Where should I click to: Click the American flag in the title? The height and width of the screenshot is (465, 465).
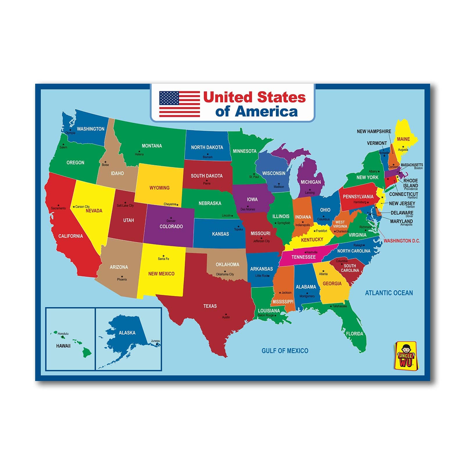[x=180, y=104]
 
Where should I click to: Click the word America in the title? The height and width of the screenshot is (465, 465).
[x=266, y=112]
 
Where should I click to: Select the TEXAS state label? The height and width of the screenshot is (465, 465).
[x=210, y=306]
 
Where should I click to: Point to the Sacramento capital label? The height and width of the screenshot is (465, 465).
[x=58, y=208]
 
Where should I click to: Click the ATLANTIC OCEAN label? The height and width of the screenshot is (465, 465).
[x=389, y=293]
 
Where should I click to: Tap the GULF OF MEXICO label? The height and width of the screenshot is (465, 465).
[x=285, y=351]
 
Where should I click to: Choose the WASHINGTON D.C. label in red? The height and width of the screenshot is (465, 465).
[x=402, y=241]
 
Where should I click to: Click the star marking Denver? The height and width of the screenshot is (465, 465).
[x=171, y=218]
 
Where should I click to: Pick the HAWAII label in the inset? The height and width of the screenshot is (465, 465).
[x=63, y=346]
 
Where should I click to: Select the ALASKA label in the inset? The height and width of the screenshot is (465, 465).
[x=127, y=333]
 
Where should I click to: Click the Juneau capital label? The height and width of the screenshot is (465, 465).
[x=155, y=341]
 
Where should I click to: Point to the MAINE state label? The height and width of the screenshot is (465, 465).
[x=403, y=139]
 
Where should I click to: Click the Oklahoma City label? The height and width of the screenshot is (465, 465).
[x=225, y=274]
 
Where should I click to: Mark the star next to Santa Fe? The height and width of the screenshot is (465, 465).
[x=163, y=256]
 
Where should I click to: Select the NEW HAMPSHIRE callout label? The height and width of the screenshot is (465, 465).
[x=374, y=131]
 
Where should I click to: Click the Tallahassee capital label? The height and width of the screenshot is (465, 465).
[x=339, y=306]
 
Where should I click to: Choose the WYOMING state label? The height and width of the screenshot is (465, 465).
[x=159, y=188]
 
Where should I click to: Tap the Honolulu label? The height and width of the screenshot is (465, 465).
[x=63, y=334]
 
